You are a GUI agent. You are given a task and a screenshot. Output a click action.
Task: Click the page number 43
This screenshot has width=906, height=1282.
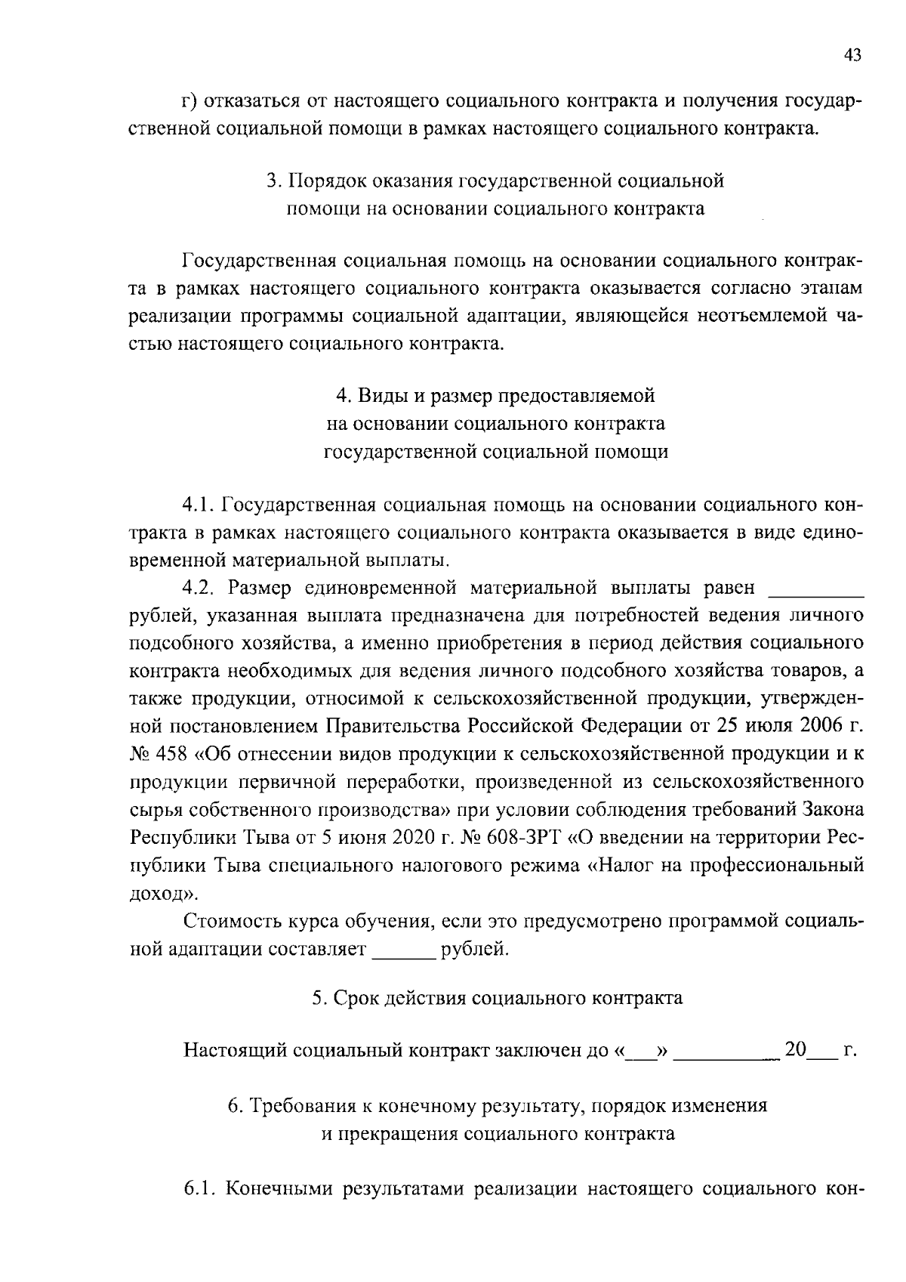tap(852, 55)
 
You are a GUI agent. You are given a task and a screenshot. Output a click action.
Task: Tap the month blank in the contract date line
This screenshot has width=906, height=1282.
tap(726, 1050)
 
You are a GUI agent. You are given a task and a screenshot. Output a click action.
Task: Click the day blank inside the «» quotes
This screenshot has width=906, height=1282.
tap(641, 1050)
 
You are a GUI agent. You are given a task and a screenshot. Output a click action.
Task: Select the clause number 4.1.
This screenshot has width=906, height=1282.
tap(199, 505)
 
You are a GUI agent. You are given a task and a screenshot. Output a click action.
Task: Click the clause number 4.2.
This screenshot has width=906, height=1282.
tap(200, 588)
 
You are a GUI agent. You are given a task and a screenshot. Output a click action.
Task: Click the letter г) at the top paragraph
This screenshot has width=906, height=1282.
tap(190, 101)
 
